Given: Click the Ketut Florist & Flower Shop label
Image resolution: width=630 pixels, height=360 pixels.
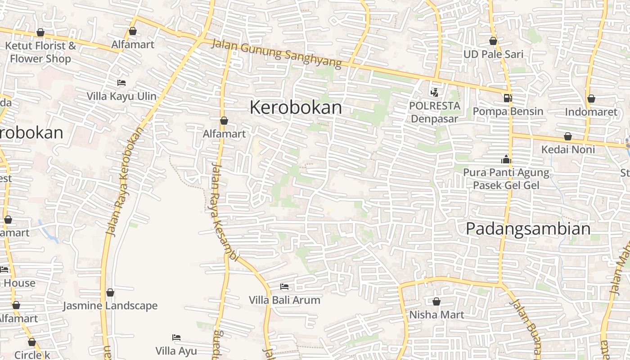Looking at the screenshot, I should point(40,52).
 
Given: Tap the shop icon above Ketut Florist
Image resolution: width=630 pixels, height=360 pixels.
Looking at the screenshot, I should point(40,32).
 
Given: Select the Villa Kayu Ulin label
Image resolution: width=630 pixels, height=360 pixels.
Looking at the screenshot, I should point(121,96).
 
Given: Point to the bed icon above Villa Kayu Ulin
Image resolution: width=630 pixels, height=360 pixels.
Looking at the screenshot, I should point(121,83).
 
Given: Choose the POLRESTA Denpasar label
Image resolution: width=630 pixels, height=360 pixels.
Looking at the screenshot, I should point(435,112).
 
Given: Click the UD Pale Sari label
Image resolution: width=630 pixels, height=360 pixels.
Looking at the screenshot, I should point(494,54).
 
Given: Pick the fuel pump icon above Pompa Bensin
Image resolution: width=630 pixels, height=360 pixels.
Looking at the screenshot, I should point(508,98).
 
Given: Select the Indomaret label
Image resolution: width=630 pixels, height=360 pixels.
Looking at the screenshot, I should point(591,112).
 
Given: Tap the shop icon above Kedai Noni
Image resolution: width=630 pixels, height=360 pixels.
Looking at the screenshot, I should point(568,136).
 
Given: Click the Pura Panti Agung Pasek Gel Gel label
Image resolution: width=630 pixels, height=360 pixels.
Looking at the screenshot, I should point(506,179).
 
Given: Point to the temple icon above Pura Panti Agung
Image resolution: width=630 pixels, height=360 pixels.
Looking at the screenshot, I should point(506,159).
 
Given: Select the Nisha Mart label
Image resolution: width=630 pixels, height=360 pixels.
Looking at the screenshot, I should point(436,315).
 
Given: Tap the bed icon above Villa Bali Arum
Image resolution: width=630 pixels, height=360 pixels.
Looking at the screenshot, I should point(284,287).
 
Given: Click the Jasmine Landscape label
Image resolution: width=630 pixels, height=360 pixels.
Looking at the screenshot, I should point(110,306).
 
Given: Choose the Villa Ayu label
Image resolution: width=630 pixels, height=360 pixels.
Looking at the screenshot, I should point(176,351).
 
